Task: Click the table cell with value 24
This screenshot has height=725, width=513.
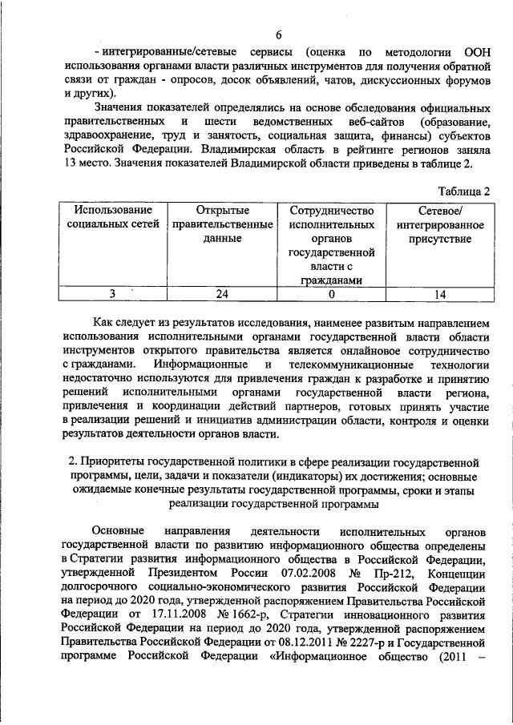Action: pyautogui.click(x=222, y=294)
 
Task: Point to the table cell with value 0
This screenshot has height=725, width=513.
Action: pyautogui.click(x=331, y=294)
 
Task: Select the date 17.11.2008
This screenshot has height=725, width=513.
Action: pyautogui.click(x=168, y=614)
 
